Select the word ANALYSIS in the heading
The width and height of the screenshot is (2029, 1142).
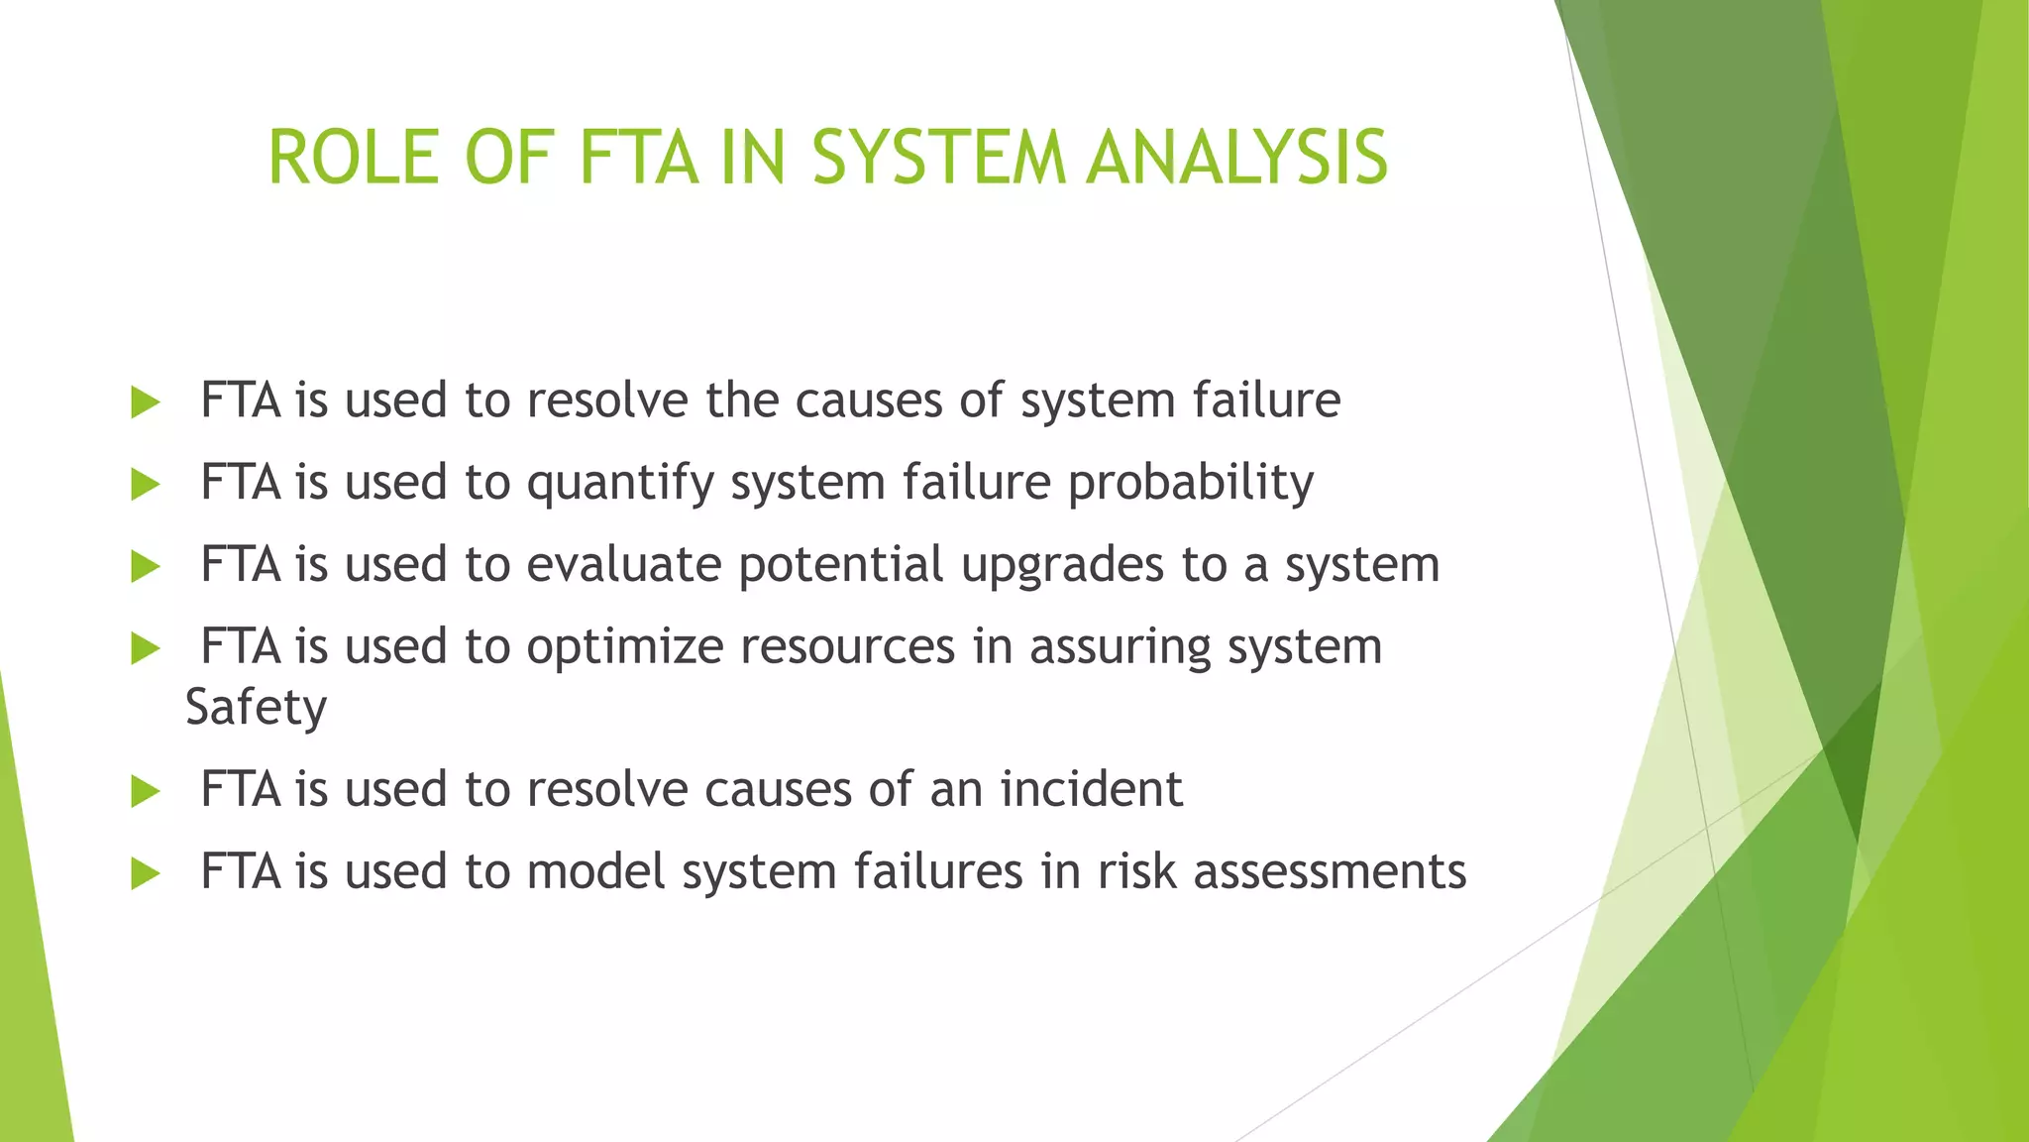(1237, 158)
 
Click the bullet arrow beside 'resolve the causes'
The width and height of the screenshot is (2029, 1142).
(145, 402)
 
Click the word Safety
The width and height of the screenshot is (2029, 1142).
(256, 708)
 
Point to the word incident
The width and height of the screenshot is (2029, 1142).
(1091, 790)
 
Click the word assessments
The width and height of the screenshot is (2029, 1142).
(1330, 872)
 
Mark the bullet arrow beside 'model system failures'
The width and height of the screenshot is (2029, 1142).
(145, 874)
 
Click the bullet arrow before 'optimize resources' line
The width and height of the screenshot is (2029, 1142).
(145, 649)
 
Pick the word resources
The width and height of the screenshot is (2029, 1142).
(847, 647)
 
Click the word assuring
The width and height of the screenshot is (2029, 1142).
(1120, 647)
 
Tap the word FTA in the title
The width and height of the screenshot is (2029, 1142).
(638, 158)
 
